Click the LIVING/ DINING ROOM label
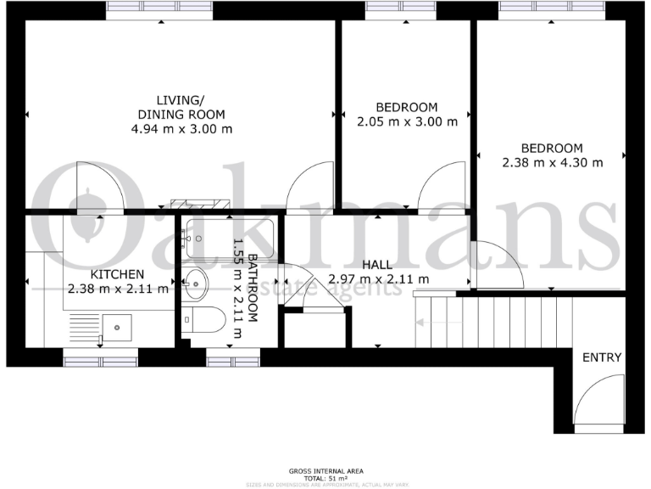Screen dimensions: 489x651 pyautogui.click(x=181, y=107)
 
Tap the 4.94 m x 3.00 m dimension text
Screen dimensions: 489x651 pyautogui.click(x=181, y=129)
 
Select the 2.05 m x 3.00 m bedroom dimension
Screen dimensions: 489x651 pyautogui.click(x=406, y=121)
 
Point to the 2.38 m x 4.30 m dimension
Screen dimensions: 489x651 pyautogui.click(x=552, y=162)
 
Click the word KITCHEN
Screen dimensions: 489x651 pyautogui.click(x=117, y=274)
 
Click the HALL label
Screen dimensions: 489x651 pyautogui.click(x=378, y=264)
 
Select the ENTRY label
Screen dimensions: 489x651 pyautogui.click(x=601, y=357)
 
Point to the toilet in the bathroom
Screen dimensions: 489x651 pyautogui.click(x=204, y=321)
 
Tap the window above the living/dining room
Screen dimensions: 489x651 pyautogui.click(x=159, y=9)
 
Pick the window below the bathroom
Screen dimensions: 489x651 pyautogui.click(x=232, y=361)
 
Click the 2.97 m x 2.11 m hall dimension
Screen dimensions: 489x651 pyautogui.click(x=378, y=278)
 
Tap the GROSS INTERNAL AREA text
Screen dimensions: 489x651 pyautogui.click(x=325, y=469)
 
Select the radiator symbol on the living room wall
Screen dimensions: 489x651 pyautogui.click(x=200, y=204)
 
